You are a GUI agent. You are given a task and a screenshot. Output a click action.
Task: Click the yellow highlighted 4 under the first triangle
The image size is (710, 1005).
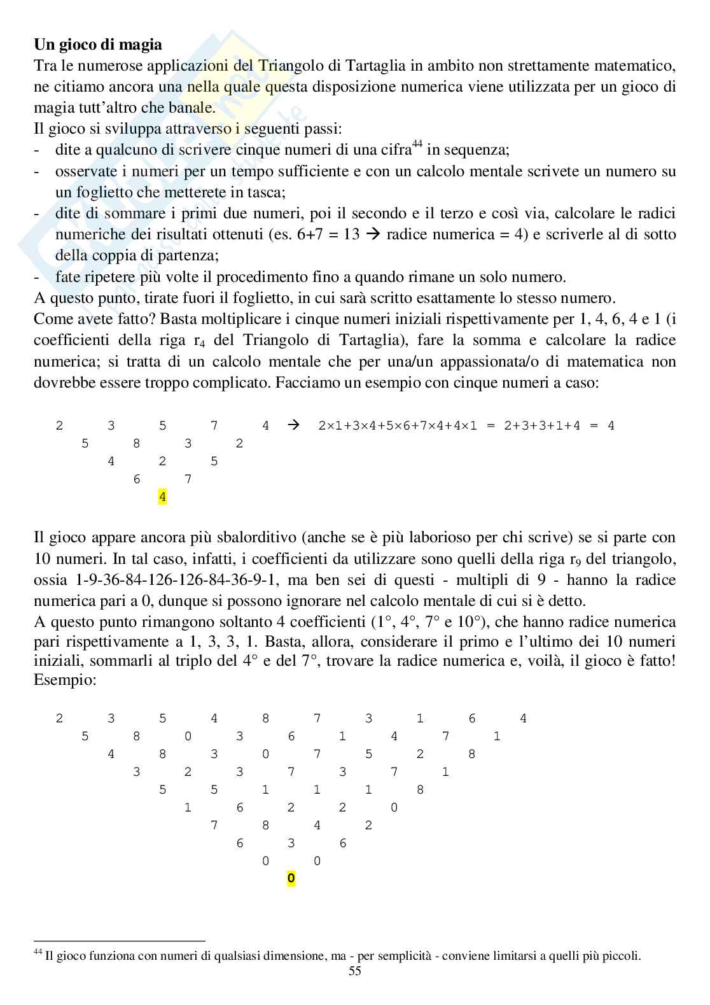tap(162, 496)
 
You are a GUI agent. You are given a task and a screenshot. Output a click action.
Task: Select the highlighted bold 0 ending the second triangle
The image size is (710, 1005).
tap(291, 879)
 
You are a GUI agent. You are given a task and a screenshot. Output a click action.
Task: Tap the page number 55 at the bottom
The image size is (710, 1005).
tap(355, 988)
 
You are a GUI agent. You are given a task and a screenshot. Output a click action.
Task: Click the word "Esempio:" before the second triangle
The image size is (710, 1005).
tap(65, 680)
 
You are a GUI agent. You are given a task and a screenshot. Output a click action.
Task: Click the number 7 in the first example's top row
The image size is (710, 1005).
tap(214, 425)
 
